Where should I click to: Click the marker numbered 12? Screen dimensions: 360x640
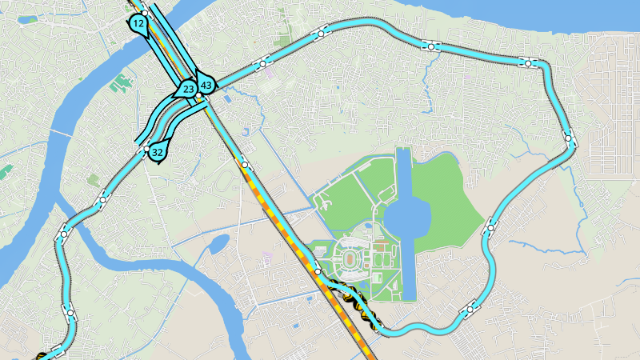(139, 23)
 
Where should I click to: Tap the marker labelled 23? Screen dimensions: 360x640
(187, 89)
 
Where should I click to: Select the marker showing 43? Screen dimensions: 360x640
(206, 85)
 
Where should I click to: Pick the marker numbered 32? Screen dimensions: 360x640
(158, 151)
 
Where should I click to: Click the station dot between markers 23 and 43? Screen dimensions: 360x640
(198, 96)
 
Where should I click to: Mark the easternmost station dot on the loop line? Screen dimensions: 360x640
(568, 138)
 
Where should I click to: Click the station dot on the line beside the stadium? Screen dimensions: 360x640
(318, 272)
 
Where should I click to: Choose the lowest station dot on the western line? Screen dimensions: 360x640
(70, 312)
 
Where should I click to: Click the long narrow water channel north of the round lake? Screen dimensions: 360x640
(403, 172)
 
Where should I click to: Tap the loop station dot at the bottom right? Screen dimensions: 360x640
(470, 308)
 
